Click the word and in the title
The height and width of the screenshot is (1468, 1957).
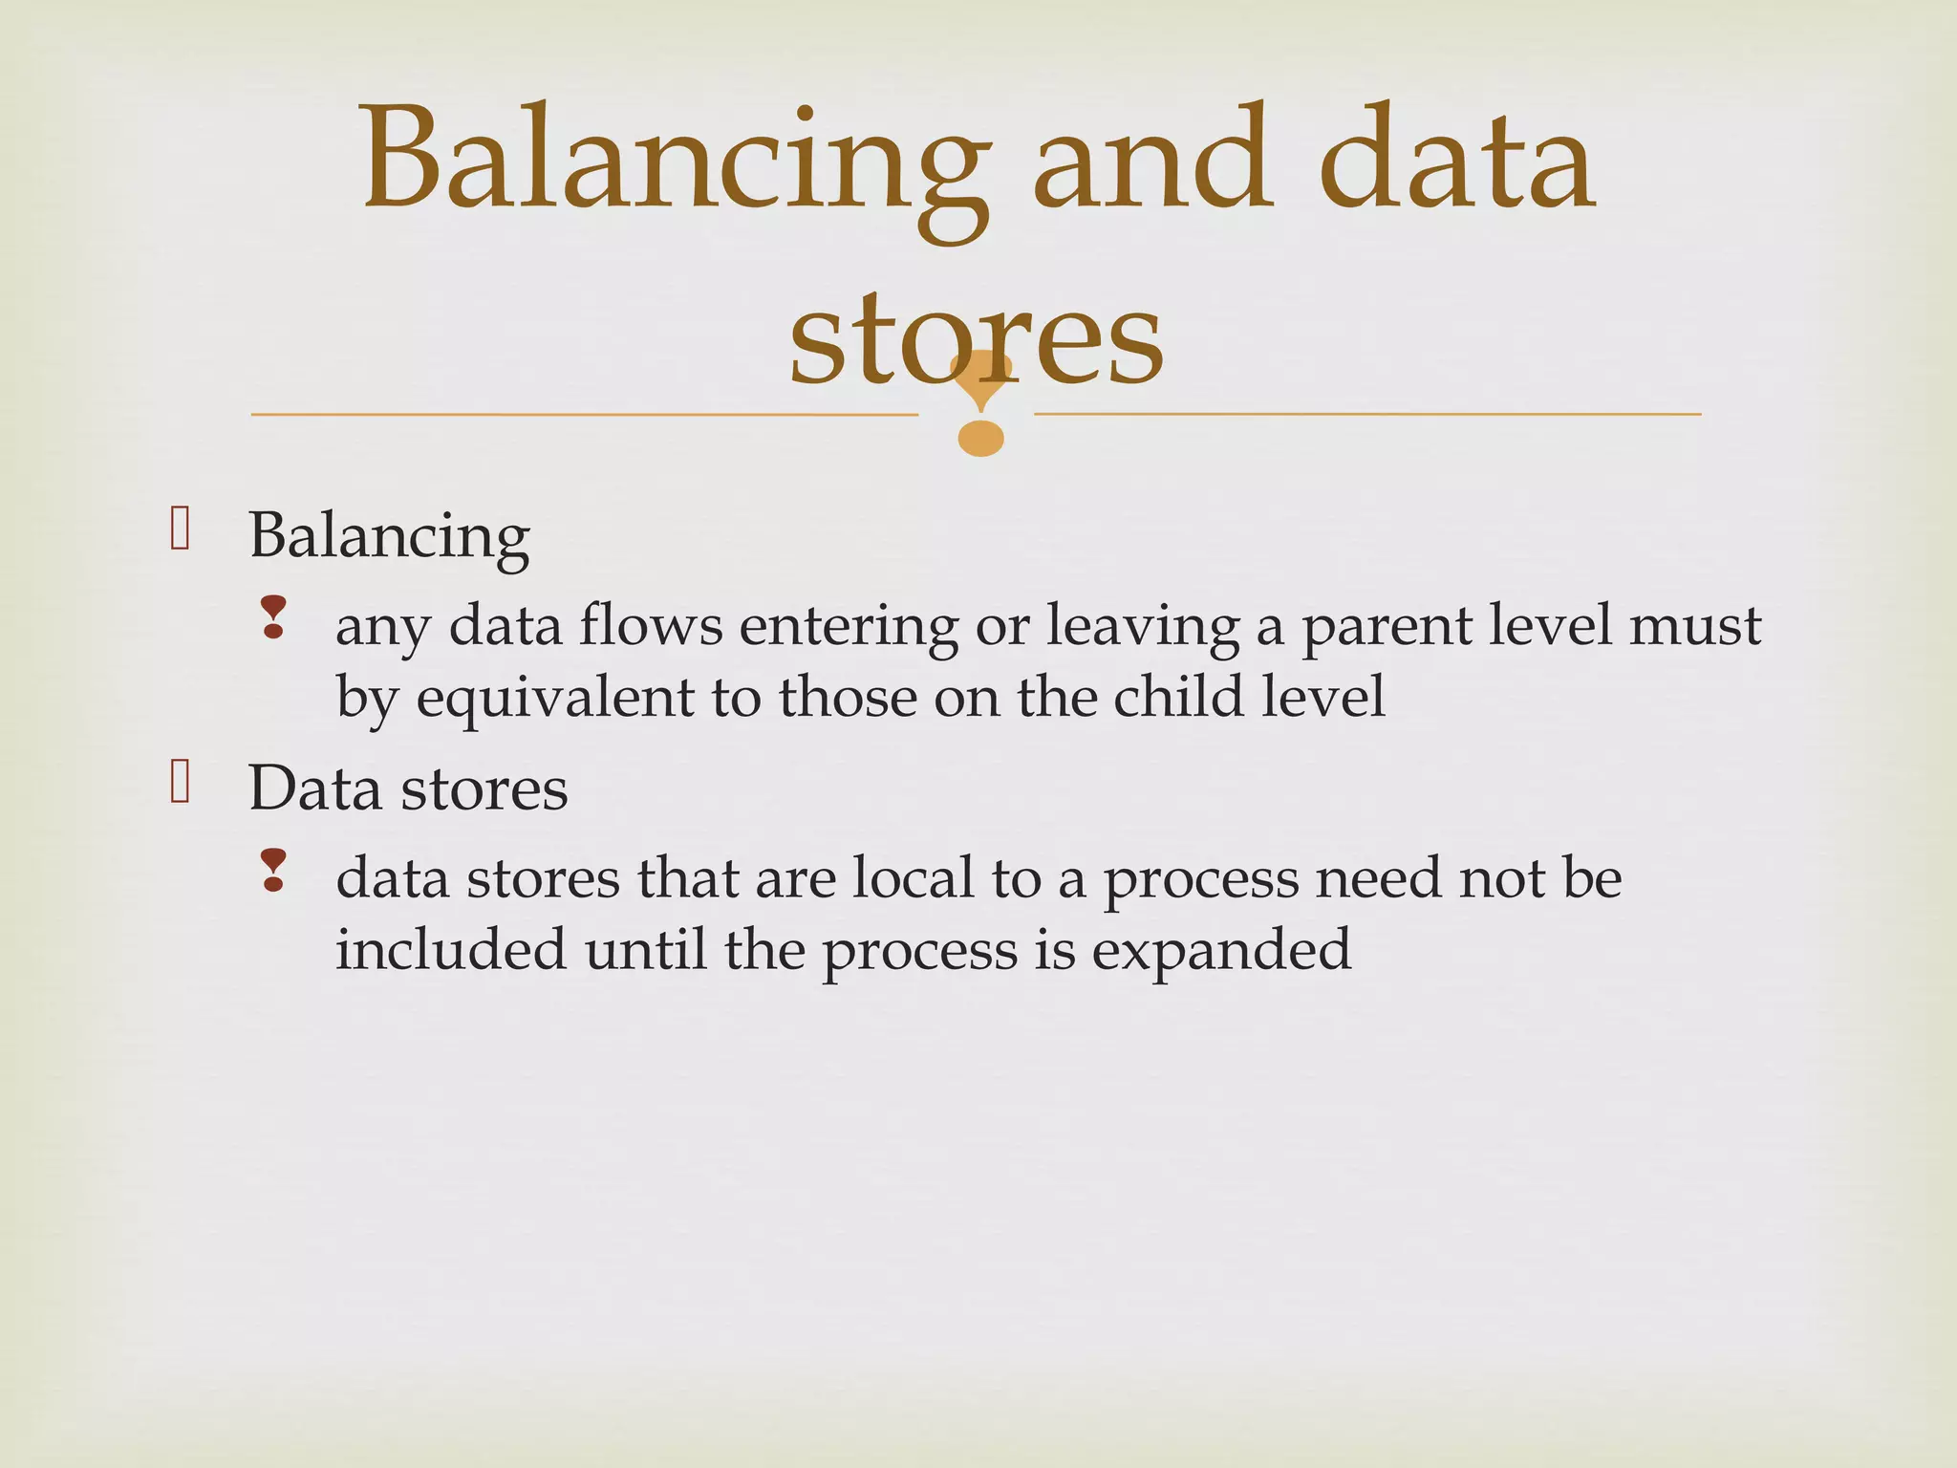pyautogui.click(x=1152, y=162)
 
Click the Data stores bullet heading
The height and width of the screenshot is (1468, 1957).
pyautogui.click(x=408, y=789)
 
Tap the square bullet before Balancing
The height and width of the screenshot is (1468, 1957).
pyautogui.click(x=180, y=529)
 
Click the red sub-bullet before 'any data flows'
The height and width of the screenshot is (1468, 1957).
pyautogui.click(x=273, y=617)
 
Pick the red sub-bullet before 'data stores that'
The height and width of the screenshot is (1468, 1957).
pyautogui.click(x=273, y=870)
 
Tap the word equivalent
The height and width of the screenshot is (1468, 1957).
pyautogui.click(x=554, y=699)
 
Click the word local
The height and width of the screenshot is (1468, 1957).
pyautogui.click(x=912, y=878)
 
